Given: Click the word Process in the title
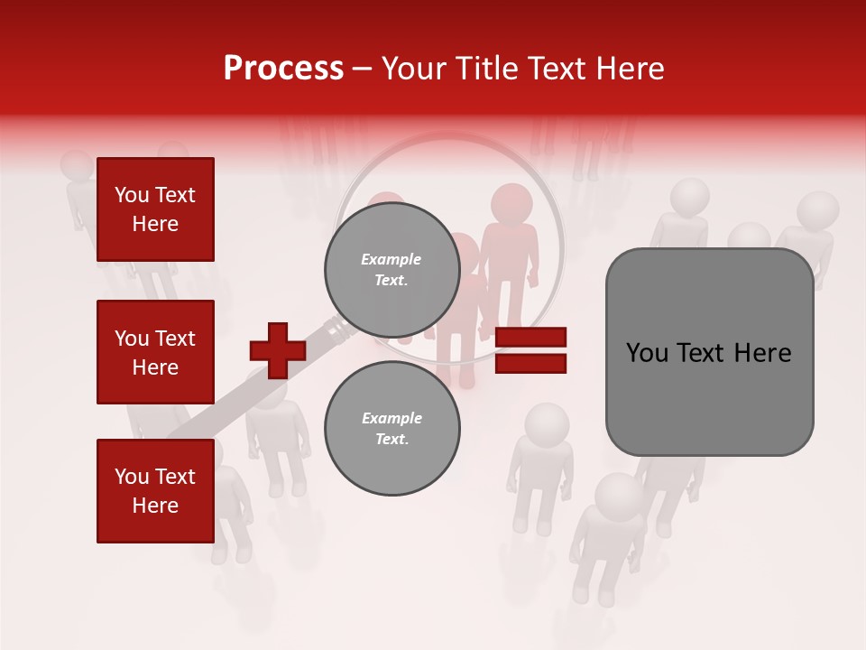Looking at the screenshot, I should pos(283,69).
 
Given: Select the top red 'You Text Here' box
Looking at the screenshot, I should pos(155,209).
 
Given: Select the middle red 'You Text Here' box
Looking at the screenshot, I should pos(155,352).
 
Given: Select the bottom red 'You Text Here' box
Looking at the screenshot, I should pos(155,490).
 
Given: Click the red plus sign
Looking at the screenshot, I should pos(278,350).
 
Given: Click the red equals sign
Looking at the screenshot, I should pos(530,350).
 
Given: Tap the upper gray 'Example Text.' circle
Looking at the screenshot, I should pos(392,269).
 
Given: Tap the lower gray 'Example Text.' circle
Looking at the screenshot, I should pos(392,428).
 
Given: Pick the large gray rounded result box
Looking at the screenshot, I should pos(709,352).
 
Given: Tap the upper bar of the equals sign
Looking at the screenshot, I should pos(530,338).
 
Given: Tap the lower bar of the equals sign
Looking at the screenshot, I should pos(530,363).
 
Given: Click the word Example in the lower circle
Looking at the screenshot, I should pos(392,418).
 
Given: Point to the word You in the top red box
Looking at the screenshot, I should pos(132,195).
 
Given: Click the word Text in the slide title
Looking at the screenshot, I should pos(563,69).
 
